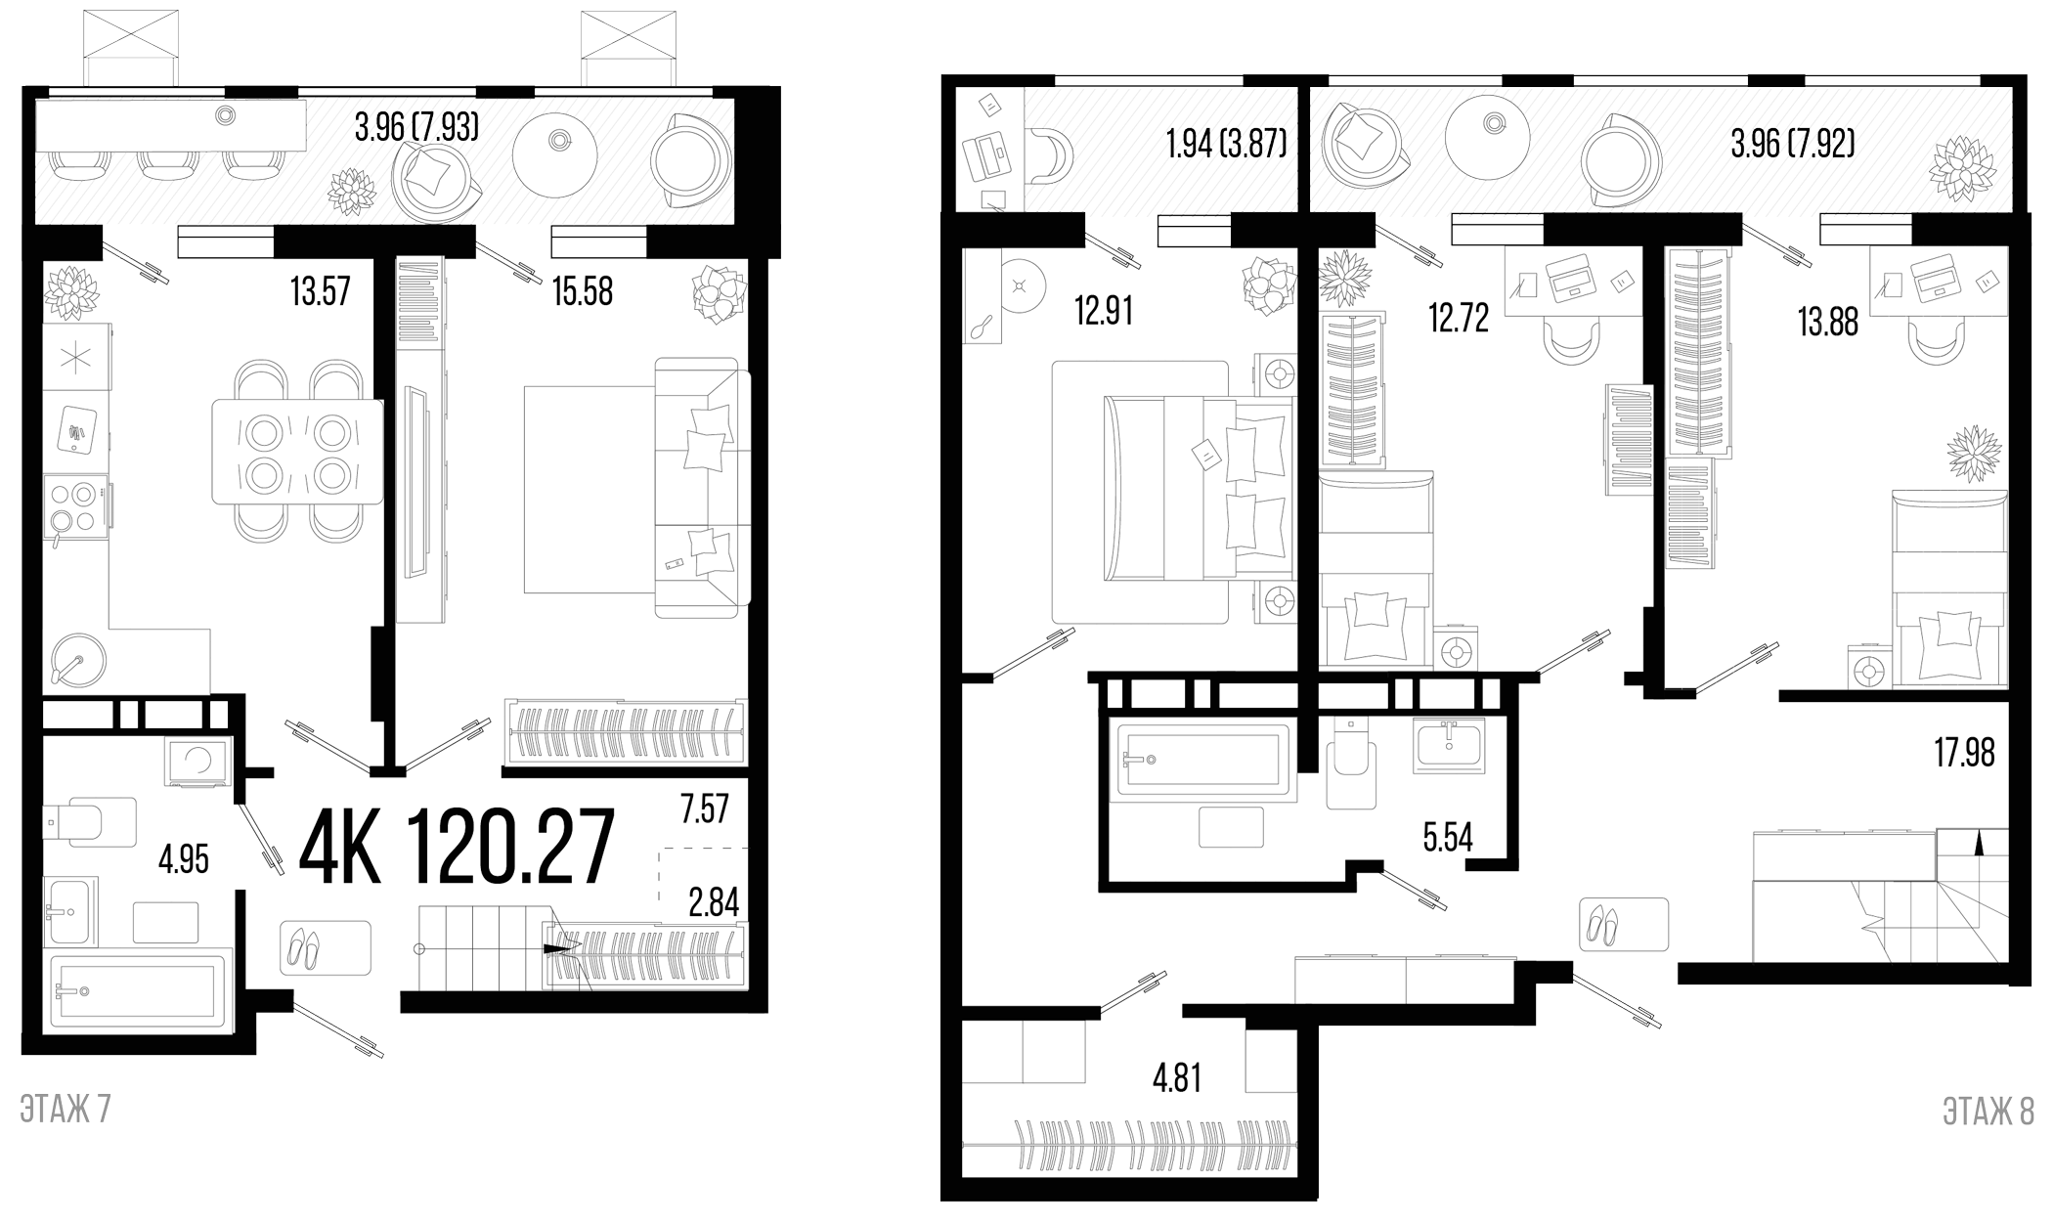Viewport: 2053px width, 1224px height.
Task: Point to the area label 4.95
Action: tap(183, 860)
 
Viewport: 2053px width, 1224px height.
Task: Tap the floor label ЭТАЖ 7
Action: tap(66, 1111)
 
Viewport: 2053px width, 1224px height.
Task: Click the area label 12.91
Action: tap(1103, 313)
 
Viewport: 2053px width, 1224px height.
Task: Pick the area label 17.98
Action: tap(1964, 754)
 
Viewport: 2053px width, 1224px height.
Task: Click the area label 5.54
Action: tap(1447, 838)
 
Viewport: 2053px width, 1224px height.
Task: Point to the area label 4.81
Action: tap(1176, 1079)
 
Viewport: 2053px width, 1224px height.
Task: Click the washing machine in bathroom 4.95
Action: tap(198, 763)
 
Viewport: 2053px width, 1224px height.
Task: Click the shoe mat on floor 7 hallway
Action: tap(327, 947)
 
